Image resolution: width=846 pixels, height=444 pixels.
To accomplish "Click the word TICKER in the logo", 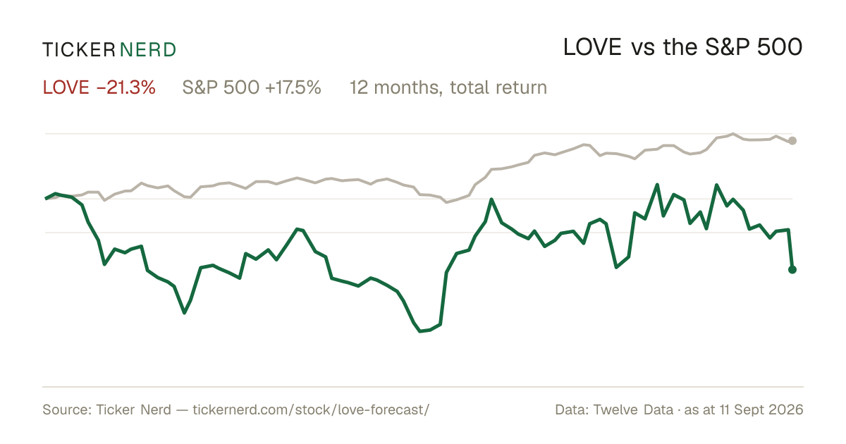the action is click(x=79, y=50).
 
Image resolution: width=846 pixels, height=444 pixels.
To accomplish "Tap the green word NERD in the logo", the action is click(x=148, y=50).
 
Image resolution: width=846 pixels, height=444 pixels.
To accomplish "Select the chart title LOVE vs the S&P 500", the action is click(x=683, y=47).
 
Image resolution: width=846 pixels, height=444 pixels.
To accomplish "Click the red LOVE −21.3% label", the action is click(x=99, y=87).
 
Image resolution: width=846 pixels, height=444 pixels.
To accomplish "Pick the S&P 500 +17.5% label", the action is click(x=252, y=87).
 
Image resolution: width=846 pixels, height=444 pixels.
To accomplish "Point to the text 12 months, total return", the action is click(x=448, y=88).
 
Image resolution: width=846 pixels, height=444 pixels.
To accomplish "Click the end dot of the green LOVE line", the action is click(x=792, y=269).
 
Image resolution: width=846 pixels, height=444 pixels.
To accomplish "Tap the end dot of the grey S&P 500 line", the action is click(x=792, y=141).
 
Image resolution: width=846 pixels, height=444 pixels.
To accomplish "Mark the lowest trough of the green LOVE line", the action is click(x=420, y=331).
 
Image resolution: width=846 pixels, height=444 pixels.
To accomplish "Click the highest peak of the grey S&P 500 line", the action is click(x=733, y=134).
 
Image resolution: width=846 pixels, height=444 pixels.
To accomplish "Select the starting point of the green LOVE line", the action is click(x=46, y=198).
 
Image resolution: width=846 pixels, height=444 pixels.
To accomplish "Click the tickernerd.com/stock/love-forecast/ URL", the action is click(x=311, y=409).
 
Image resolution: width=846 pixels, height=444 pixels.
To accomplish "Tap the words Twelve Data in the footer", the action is click(x=633, y=409).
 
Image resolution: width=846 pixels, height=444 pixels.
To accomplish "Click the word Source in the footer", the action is click(x=65, y=409).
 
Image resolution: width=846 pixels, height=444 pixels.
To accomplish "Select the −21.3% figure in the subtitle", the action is click(x=125, y=87).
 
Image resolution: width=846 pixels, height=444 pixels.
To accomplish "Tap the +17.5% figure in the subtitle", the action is click(x=293, y=87).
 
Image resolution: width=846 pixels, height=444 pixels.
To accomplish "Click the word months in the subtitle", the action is click(x=408, y=88).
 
